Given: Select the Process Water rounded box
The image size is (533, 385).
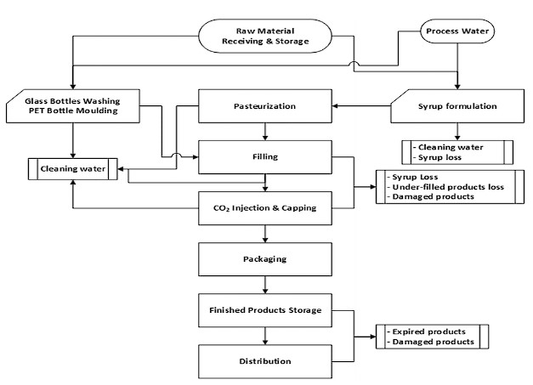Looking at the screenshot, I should point(460,33).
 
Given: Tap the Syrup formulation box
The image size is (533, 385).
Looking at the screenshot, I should point(458,106).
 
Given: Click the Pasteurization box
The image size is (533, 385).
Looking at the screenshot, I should point(264,107).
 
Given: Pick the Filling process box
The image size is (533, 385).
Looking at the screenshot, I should point(264,156).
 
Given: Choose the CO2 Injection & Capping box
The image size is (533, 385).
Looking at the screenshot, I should point(264,207).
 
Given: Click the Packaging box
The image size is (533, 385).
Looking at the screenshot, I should point(264,258).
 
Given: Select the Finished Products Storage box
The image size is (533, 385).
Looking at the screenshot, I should point(264,309).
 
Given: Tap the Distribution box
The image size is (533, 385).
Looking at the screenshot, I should point(264,361).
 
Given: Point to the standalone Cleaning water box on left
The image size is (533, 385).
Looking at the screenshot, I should point(72,168).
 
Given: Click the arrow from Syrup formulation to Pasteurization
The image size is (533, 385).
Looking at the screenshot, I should point(361,107).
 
